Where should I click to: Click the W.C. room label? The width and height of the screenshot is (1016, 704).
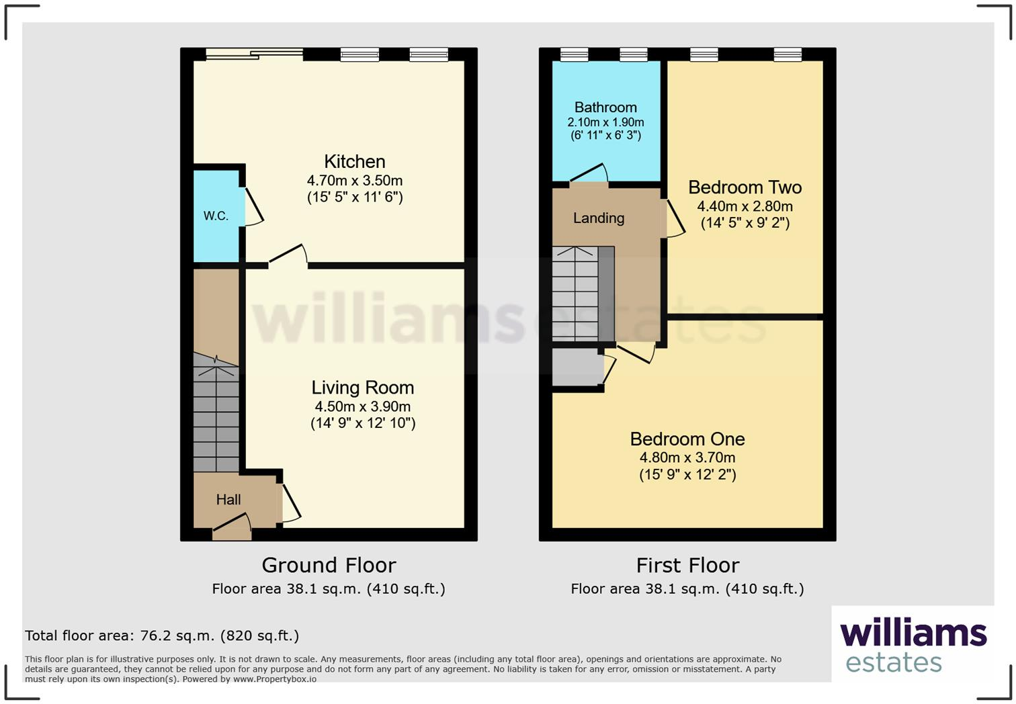point(216,216)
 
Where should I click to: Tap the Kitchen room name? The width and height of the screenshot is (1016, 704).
point(355,161)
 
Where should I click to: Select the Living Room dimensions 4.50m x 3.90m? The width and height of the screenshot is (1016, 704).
point(363,406)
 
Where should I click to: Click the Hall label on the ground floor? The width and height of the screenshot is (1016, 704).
point(228,499)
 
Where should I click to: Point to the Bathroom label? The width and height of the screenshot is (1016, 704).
point(605,107)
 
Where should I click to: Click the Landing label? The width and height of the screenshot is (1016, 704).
point(599,218)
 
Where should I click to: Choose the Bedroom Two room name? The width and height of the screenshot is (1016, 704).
point(745,187)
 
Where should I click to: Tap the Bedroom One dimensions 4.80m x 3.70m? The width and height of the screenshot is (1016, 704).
point(687,457)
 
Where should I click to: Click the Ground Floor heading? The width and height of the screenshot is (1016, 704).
point(329,565)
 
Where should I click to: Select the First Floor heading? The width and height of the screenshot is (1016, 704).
point(687,565)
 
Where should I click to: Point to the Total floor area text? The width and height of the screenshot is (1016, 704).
point(162,635)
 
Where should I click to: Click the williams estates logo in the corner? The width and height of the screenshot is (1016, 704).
point(913,645)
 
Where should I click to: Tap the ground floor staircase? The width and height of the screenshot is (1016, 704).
point(216,413)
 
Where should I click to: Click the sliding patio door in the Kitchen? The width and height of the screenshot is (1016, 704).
point(254,54)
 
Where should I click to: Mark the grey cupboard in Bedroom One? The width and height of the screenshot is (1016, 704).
point(577,367)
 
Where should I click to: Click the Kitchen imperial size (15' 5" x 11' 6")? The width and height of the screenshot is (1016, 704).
point(355,197)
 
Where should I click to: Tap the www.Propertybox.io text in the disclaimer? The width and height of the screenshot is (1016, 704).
point(275,679)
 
